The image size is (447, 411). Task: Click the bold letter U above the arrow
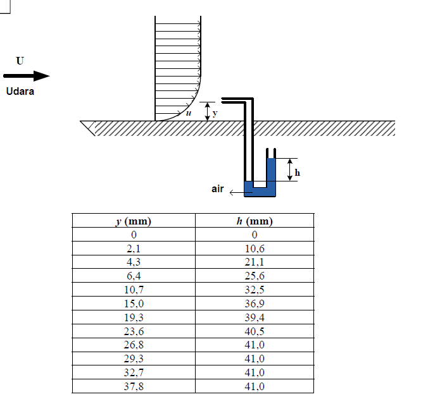coord(20,61)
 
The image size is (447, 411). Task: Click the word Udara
coord(20,91)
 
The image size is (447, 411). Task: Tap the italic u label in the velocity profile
coord(187,114)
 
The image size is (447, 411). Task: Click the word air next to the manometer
coord(217,188)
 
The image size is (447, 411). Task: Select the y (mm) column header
coord(134,221)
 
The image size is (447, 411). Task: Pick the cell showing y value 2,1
coord(134,248)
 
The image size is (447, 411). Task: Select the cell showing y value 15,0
coord(134,304)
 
